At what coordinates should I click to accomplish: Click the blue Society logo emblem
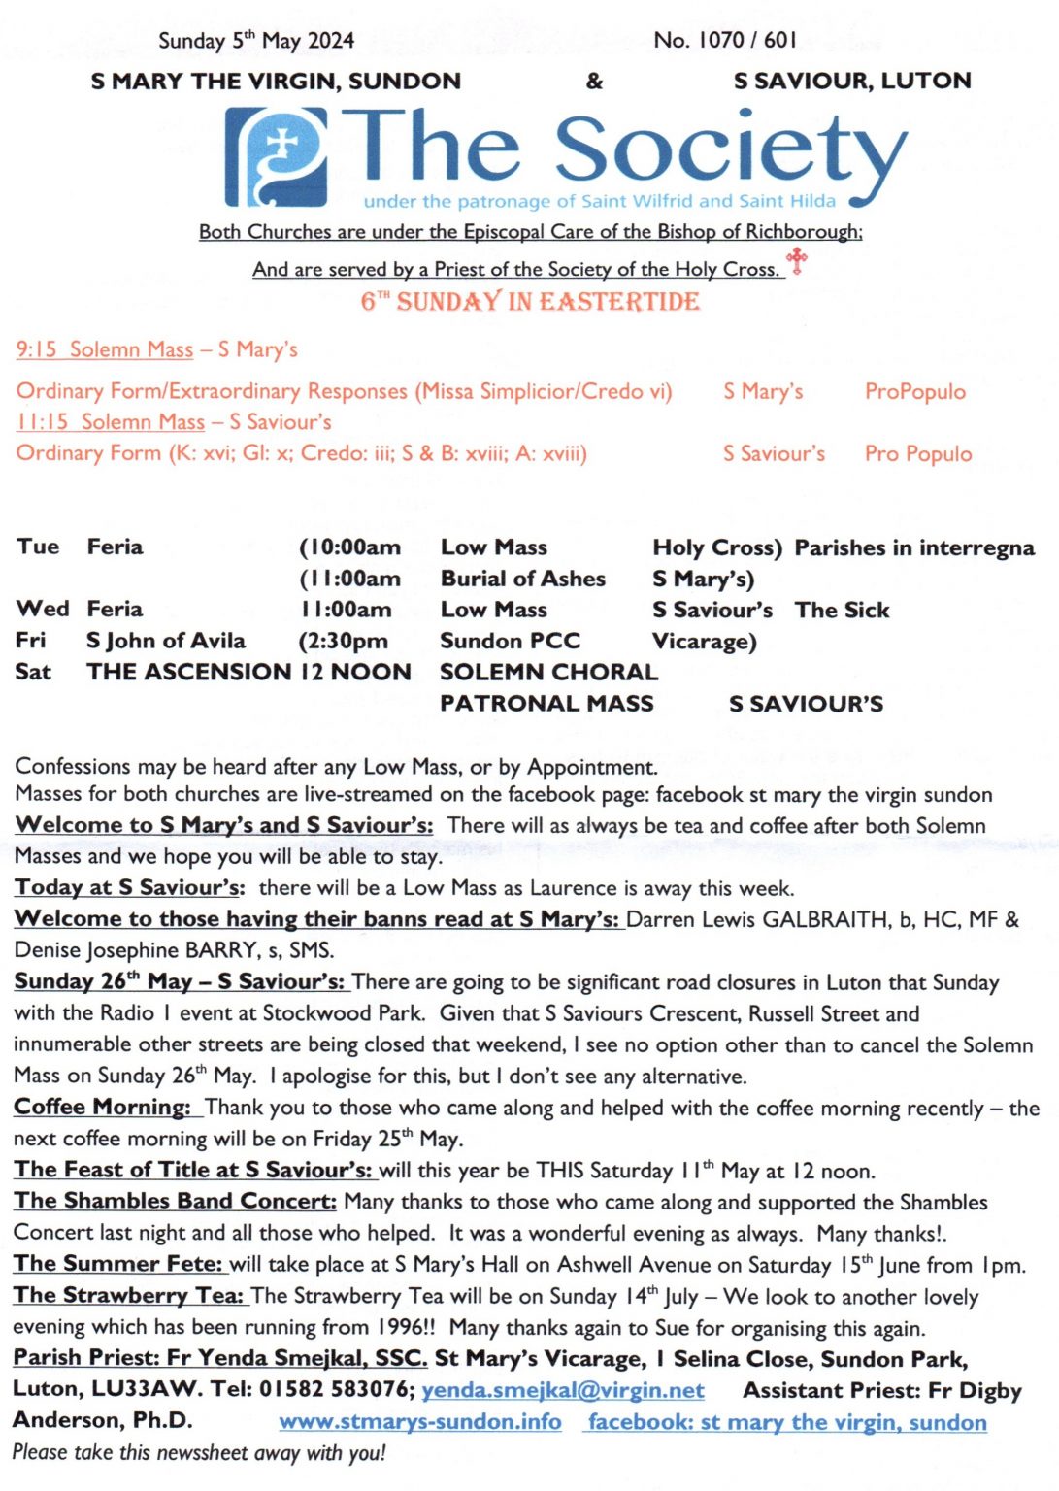[x=276, y=155]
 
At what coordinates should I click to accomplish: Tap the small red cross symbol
[x=797, y=260]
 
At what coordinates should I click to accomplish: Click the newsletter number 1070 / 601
[x=725, y=40]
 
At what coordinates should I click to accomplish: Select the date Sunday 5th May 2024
[x=256, y=40]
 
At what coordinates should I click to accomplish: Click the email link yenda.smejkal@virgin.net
[x=563, y=1390]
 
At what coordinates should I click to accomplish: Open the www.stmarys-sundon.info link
[x=420, y=1422]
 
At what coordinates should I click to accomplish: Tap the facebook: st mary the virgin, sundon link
[x=787, y=1422]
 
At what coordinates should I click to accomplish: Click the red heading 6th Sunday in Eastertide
[x=530, y=301]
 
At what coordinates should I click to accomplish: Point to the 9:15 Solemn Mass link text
[x=105, y=349]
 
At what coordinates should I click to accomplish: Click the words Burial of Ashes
[x=522, y=579]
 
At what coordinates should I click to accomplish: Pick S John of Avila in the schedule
[x=166, y=641]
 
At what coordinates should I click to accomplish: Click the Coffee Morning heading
[x=103, y=1108]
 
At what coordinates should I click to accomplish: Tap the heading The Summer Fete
[x=119, y=1264]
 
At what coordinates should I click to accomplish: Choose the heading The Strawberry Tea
[x=128, y=1296]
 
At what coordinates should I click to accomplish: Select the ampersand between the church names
[x=594, y=81]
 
